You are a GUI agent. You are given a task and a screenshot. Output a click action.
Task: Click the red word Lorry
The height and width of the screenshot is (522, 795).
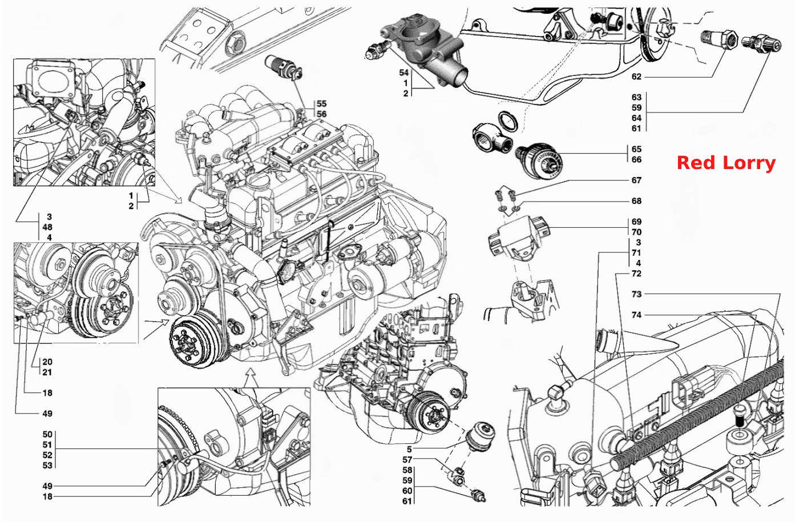point(749,163)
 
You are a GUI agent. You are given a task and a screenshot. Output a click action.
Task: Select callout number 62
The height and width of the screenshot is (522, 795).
point(636,77)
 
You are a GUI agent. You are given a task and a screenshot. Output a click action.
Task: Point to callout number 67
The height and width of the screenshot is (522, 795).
point(636,180)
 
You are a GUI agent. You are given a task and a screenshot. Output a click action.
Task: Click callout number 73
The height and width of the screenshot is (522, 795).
point(636,294)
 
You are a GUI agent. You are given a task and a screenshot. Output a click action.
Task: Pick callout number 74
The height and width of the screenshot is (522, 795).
point(636,315)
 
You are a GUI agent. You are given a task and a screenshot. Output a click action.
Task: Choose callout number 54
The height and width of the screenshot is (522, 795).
point(404,73)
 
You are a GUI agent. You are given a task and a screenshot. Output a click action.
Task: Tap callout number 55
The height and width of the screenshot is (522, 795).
point(321,104)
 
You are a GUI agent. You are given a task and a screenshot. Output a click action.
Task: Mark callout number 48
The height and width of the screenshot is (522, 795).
point(47,227)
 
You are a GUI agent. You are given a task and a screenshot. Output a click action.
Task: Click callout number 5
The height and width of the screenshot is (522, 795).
point(409,449)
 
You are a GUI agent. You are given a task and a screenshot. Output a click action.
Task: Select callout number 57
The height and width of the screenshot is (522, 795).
point(407,460)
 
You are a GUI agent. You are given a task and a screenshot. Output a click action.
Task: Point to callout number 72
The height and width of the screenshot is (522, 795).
point(636,274)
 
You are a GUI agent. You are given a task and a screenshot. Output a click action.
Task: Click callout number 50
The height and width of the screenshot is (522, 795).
point(47,434)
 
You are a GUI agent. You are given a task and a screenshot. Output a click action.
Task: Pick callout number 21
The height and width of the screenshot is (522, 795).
point(47,372)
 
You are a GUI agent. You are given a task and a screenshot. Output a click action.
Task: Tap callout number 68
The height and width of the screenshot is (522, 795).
point(636,201)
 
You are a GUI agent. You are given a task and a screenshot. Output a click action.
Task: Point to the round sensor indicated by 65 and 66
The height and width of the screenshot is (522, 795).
point(539,160)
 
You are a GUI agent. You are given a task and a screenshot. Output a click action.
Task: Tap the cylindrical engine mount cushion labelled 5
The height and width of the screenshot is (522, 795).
point(480,436)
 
